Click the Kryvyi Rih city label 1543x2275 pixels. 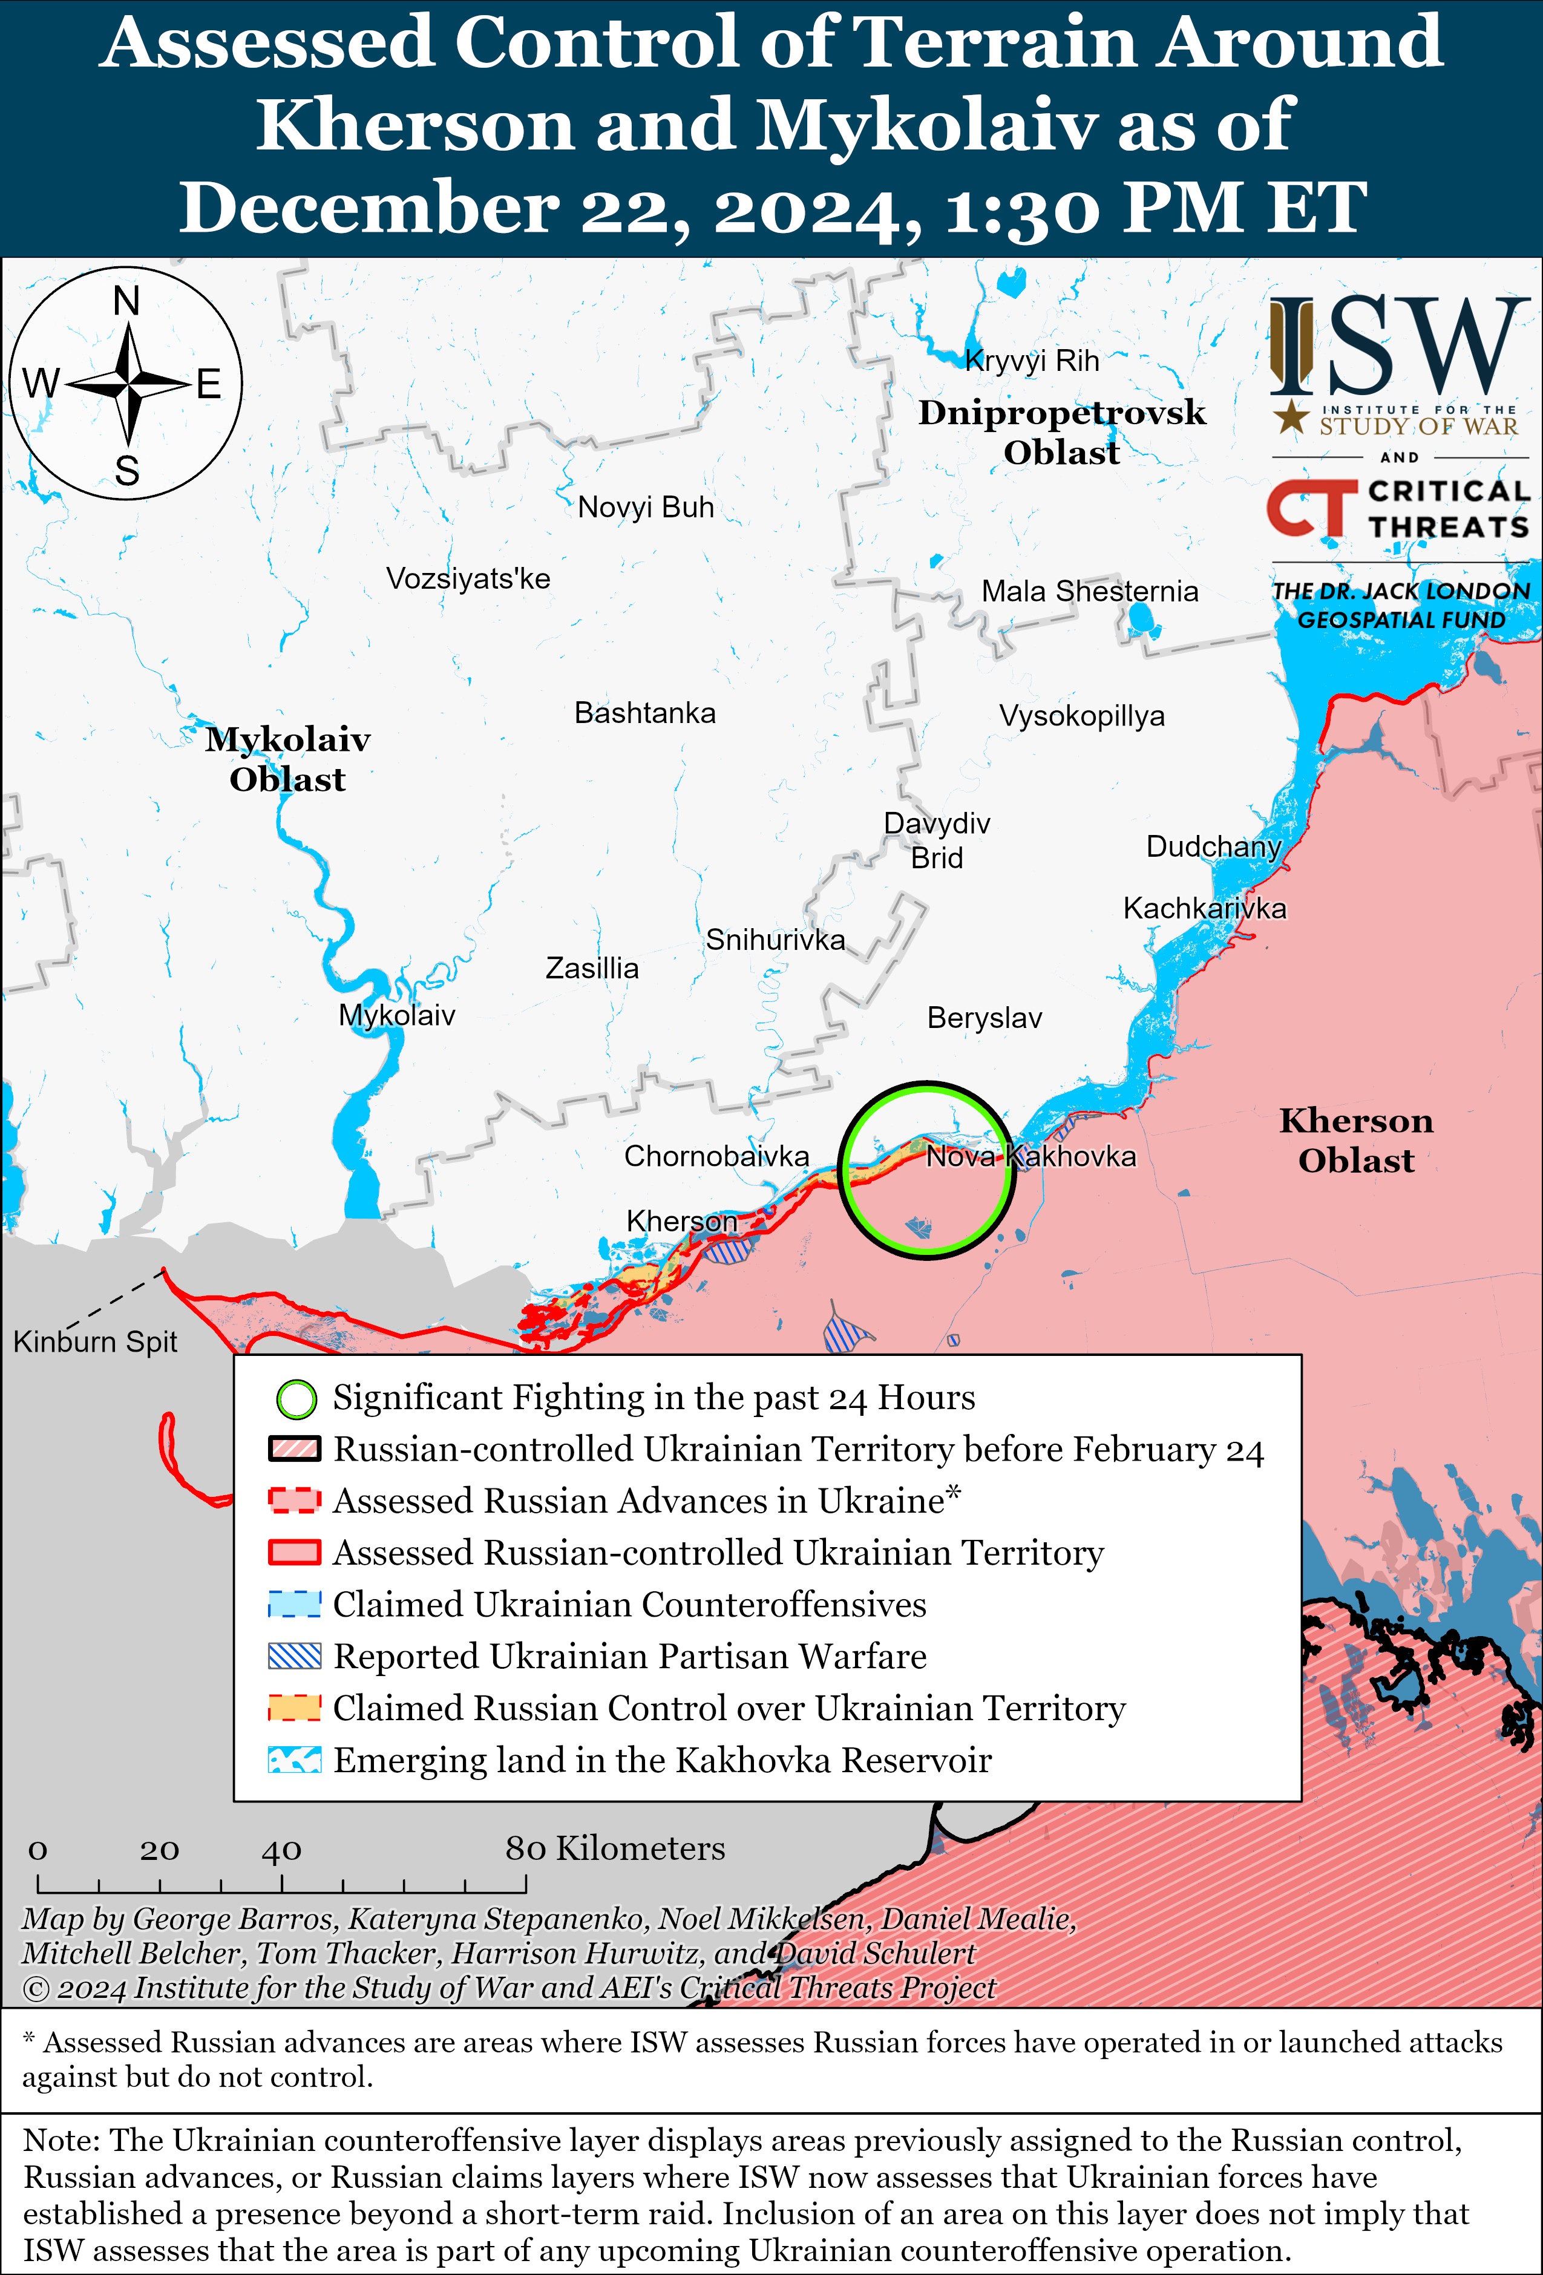[1032, 361]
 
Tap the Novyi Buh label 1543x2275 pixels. [645, 507]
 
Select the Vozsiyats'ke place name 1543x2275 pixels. [468, 578]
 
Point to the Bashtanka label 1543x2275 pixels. [644, 713]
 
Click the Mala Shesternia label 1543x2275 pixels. [1090, 591]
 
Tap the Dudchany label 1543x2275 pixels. [1213, 846]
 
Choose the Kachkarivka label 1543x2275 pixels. [1204, 908]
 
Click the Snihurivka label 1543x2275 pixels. [775, 940]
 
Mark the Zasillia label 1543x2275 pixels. [591, 968]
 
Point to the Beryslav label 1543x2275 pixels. [984, 1018]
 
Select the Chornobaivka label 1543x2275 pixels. [716, 1156]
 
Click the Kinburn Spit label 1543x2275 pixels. [95, 1341]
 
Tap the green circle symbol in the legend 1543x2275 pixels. [296, 1399]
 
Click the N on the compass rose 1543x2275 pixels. [126, 301]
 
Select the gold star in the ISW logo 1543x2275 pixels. [1291, 417]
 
